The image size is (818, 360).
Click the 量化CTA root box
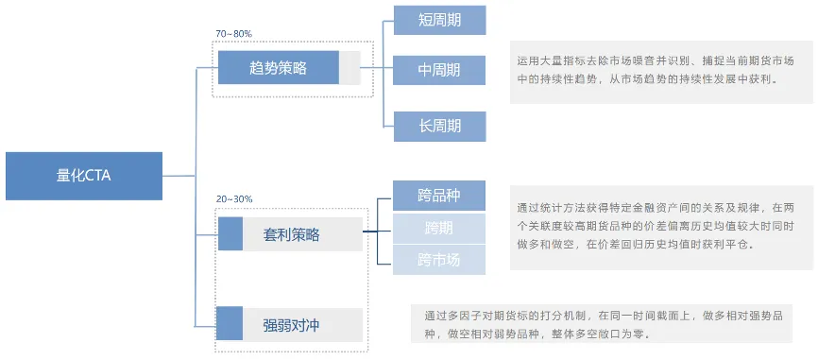pos(84,175)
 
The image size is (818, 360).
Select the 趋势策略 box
pos(278,68)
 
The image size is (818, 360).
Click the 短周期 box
pos(439,19)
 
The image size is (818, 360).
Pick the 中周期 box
pos(439,69)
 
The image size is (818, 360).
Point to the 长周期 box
pos(439,125)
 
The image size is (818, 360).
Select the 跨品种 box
pos(439,197)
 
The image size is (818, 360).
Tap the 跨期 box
pos(439,228)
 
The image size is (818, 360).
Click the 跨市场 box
pos(439,259)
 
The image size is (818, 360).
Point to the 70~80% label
pos(233,34)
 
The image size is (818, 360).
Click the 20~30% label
pos(233,199)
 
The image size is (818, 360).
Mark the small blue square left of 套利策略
pos(230,234)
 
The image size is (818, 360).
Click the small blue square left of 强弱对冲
pos(230,325)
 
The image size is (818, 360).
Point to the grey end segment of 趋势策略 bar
pos(349,68)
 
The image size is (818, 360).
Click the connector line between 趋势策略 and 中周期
pos(374,68)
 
